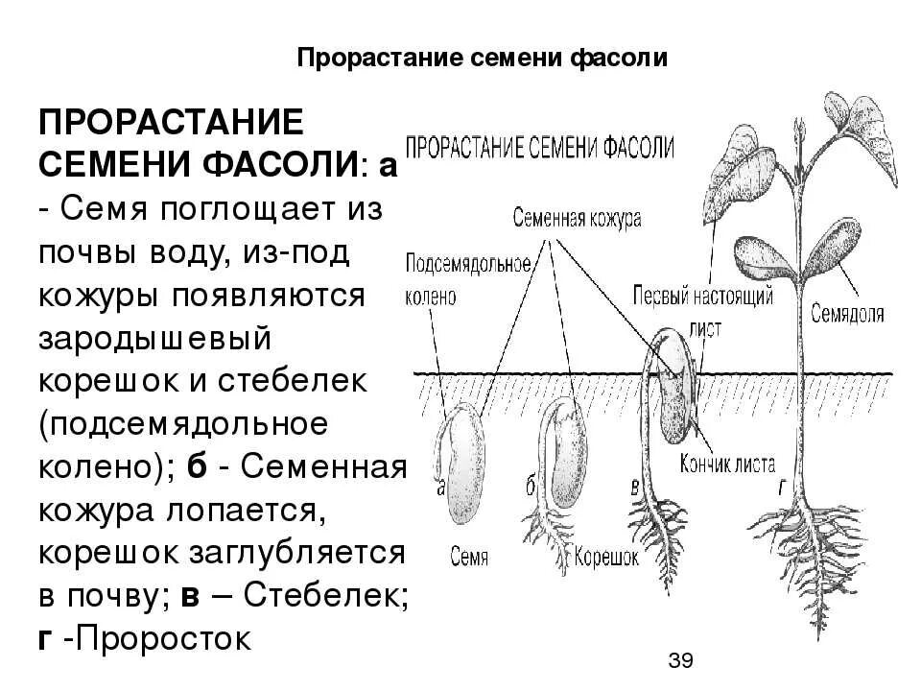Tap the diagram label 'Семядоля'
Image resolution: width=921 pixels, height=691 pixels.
pyautogui.click(x=846, y=314)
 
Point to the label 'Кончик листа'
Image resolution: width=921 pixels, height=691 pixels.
pyautogui.click(x=730, y=465)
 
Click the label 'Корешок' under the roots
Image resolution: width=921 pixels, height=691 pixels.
pyautogui.click(x=606, y=557)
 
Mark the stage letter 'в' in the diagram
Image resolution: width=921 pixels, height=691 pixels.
pyautogui.click(x=633, y=487)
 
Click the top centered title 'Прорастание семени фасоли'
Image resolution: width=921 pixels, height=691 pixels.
pyautogui.click(x=482, y=59)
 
